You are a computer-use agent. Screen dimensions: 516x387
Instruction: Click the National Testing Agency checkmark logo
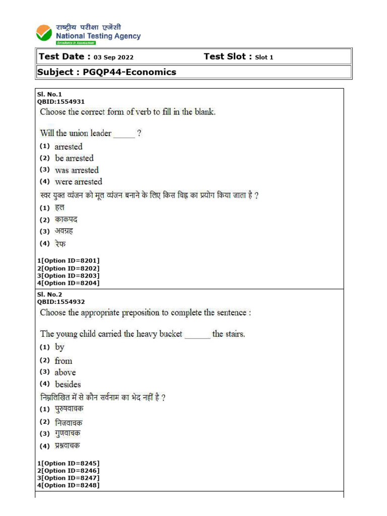(x=44, y=33)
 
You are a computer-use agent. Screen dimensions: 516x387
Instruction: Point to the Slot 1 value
(x=264, y=57)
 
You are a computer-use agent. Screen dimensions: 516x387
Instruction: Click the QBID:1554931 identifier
(x=61, y=101)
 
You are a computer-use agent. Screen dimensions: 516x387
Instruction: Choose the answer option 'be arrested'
(x=74, y=158)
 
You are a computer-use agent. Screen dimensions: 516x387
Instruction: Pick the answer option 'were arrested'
(x=78, y=181)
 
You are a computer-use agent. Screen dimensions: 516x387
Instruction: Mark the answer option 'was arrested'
(x=77, y=170)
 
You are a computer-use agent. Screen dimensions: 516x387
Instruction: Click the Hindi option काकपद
(x=66, y=220)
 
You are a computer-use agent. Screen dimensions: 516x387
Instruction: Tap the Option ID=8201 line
(x=69, y=261)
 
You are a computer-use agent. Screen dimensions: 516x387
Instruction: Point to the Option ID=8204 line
(x=69, y=283)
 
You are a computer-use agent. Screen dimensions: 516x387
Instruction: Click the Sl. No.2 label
(x=49, y=294)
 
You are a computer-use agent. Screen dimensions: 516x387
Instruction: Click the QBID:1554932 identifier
(x=61, y=302)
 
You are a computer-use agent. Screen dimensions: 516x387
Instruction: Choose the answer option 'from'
(x=63, y=361)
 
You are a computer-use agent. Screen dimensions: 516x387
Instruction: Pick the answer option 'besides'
(x=68, y=384)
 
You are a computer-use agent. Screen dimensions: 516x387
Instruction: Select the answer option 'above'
(x=65, y=372)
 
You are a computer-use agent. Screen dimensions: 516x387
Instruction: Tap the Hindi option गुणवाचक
(x=68, y=433)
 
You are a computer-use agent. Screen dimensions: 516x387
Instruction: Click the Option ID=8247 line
(x=69, y=478)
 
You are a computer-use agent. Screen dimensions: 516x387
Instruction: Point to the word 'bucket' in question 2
(x=169, y=334)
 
